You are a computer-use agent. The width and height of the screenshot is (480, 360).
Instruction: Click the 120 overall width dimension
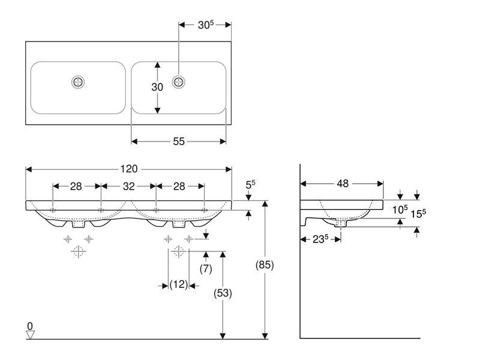point(129,169)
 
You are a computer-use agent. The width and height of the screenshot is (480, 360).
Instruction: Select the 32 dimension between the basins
point(129,186)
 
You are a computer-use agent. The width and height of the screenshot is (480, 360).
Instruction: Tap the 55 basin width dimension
point(179,141)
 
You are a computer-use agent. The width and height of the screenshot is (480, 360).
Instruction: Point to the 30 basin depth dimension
point(157,87)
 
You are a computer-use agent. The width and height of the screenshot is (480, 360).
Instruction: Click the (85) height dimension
point(265,265)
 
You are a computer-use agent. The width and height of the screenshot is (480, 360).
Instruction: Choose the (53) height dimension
point(223,293)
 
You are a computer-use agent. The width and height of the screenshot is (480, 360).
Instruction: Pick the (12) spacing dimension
point(179,284)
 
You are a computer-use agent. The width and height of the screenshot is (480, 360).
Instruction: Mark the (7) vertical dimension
point(206,268)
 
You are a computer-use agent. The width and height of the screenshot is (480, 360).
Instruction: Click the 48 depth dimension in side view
point(343,184)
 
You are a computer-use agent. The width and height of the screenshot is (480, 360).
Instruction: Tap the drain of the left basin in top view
point(78,82)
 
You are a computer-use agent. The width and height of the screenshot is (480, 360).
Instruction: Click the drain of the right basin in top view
point(178,82)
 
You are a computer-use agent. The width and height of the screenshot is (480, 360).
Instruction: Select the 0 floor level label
point(29,326)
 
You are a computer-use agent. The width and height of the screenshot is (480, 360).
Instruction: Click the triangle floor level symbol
point(30,335)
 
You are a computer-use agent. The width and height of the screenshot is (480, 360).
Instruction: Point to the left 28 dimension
point(76,186)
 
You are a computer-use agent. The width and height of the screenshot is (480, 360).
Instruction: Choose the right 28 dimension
point(179,186)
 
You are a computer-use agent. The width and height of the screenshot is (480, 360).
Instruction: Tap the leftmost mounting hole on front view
point(53,210)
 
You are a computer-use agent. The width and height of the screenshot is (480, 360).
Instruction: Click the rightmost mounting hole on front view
point(204,210)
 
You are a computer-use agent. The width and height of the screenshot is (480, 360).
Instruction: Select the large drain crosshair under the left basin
point(79,251)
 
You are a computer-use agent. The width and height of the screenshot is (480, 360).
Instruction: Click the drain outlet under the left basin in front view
point(79,224)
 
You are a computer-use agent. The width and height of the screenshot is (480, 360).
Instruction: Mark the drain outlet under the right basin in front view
point(179,224)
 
